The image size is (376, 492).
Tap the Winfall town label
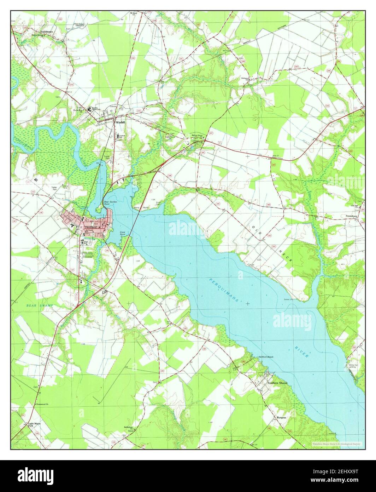[121, 122]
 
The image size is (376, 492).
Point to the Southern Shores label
[277, 383]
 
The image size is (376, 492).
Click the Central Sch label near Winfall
[122, 136]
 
